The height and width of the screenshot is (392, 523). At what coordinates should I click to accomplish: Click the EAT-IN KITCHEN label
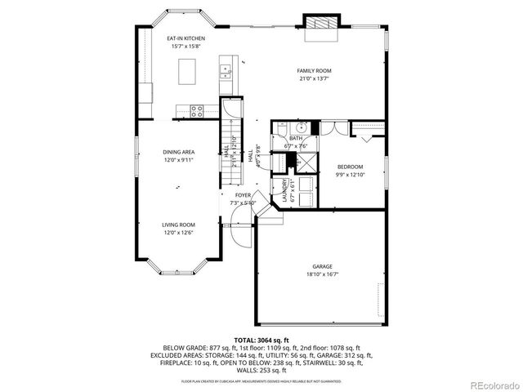pos(186,38)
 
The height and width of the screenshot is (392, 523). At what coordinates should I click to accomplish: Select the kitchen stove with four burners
pos(197,109)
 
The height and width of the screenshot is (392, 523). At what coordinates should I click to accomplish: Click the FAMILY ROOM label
pos(313,71)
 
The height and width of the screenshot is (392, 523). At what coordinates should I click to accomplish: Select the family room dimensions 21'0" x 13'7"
pos(313,80)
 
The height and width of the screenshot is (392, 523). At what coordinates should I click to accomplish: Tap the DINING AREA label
pos(177,152)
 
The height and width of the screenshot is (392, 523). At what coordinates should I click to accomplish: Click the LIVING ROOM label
pos(177,225)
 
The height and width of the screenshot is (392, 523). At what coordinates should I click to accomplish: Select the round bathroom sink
pos(301,127)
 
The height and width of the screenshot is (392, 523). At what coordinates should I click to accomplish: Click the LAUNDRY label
pos(285,190)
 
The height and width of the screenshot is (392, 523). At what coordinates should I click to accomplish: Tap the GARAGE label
pos(321,266)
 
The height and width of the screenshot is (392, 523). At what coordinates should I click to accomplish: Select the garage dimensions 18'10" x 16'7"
pos(321,275)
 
